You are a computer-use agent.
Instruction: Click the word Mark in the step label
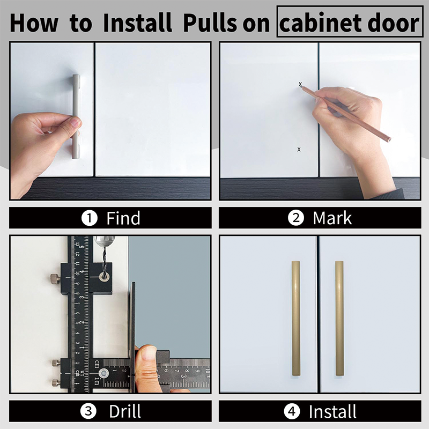click(x=332, y=218)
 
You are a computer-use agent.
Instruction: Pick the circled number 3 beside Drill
click(x=89, y=411)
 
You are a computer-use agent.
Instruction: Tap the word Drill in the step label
click(x=125, y=411)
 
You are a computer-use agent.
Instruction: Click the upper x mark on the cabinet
click(x=300, y=84)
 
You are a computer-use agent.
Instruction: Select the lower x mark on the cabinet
click(x=299, y=149)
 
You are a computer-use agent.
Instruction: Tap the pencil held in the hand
click(x=349, y=115)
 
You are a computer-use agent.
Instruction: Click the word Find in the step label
click(x=123, y=218)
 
